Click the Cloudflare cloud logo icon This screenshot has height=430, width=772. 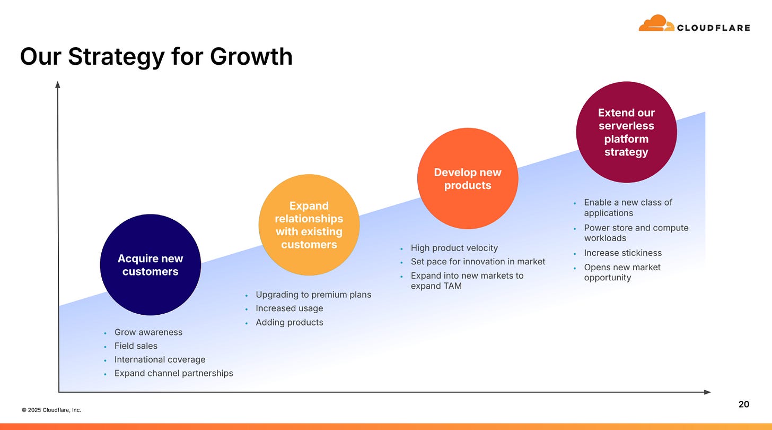656,23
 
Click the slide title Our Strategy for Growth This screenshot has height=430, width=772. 156,56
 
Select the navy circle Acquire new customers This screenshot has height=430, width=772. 150,265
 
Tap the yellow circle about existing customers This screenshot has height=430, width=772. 309,225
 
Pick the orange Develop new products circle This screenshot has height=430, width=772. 467,179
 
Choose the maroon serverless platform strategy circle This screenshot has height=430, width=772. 626,132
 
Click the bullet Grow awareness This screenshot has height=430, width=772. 148,332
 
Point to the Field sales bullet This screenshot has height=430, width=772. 136,346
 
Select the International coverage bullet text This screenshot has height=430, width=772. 160,360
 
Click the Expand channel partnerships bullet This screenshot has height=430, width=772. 173,374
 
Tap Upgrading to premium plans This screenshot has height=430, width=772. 313,295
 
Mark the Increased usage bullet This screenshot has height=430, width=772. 289,308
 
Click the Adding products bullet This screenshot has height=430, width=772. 289,323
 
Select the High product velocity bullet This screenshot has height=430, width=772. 454,248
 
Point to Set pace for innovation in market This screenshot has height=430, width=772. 478,262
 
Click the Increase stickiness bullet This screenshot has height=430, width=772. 622,253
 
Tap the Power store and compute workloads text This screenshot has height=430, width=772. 636,233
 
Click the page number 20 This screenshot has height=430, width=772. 744,405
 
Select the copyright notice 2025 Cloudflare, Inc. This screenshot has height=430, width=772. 51,410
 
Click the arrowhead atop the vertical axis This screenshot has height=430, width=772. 58,84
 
